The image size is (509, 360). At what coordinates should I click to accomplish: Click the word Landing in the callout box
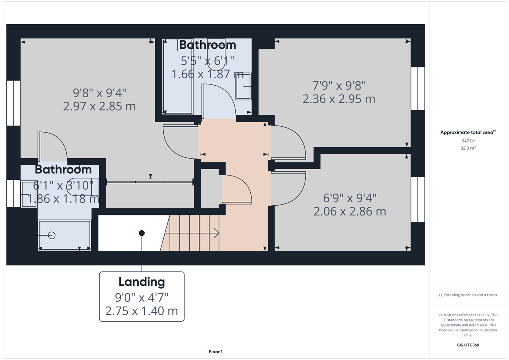tap(141, 282)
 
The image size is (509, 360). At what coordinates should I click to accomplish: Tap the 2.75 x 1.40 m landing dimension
tap(141, 311)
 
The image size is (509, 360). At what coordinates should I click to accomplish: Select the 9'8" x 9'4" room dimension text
tap(99, 92)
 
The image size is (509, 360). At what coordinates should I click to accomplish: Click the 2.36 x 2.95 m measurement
tap(338, 99)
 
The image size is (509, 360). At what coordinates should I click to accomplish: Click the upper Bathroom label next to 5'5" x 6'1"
tap(207, 45)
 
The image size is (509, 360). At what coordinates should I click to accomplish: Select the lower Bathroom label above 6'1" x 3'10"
tap(63, 170)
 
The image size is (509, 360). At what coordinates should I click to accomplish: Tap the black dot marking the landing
tap(142, 233)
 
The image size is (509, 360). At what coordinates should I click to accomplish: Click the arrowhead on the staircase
tap(217, 233)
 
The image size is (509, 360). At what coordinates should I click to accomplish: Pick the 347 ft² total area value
tap(468, 140)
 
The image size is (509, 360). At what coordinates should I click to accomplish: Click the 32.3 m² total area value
tap(468, 148)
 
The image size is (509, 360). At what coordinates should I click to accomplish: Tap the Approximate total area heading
tap(467, 132)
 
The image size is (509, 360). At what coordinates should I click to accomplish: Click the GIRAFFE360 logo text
tap(468, 345)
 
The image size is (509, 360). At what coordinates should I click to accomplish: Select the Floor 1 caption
tap(215, 352)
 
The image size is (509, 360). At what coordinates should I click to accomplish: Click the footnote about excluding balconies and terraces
tap(468, 295)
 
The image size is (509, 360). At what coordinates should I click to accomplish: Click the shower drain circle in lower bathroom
tap(52, 235)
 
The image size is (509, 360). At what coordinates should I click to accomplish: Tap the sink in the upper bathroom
tap(243, 87)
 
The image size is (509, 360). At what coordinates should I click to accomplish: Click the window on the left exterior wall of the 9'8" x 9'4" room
tap(13, 103)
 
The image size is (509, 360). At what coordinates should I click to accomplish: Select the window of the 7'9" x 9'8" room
tap(418, 88)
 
